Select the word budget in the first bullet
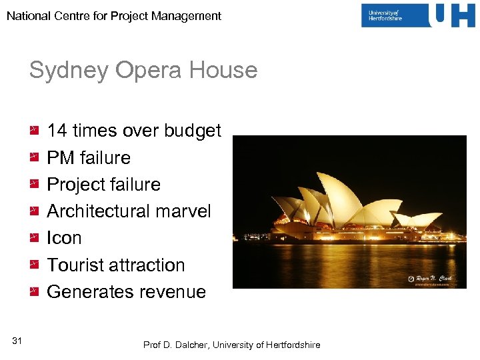coord(192,131)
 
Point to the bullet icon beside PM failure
coord(34,158)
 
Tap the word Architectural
coord(105,211)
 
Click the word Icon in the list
coord(64,238)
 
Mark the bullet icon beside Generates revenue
coord(34,292)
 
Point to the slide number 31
coord(17,341)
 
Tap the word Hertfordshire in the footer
coord(293,345)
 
